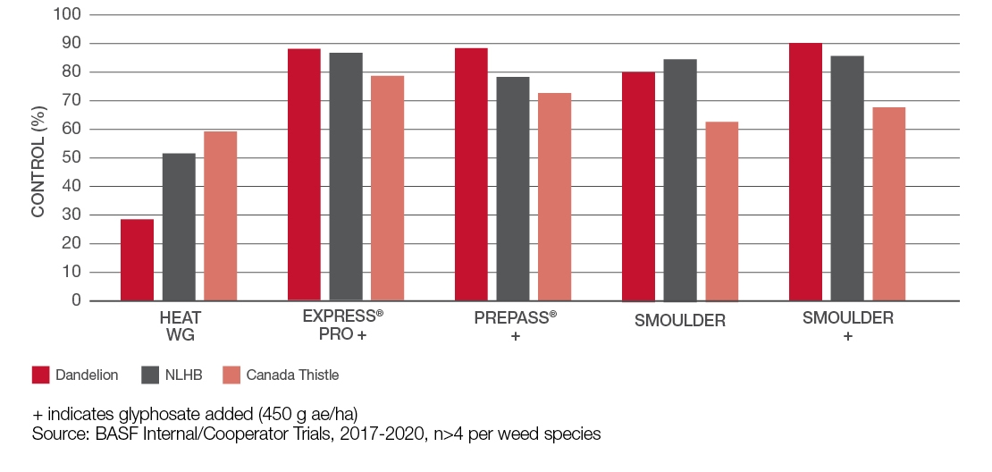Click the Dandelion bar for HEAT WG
(x=137, y=260)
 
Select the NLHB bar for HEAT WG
(x=179, y=227)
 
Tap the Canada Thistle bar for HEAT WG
(x=220, y=216)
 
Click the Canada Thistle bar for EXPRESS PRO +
(x=387, y=188)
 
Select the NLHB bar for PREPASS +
(x=513, y=189)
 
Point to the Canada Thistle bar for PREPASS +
(x=554, y=197)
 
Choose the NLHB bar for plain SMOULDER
(x=680, y=180)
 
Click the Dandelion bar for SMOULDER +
(x=805, y=172)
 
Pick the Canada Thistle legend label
(x=292, y=375)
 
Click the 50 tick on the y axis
(x=72, y=158)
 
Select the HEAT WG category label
(x=180, y=327)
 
